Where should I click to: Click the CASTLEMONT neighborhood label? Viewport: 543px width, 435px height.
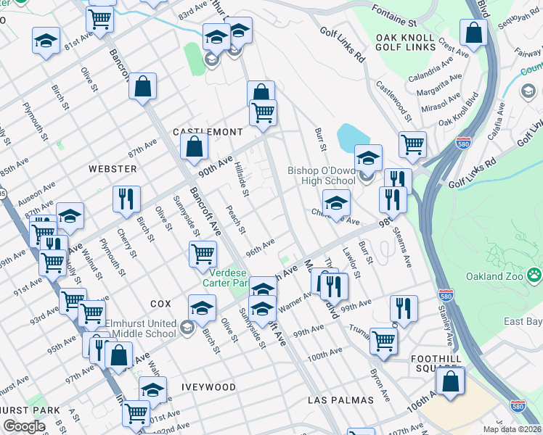[207, 132]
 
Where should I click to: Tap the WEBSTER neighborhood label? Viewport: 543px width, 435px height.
[113, 168]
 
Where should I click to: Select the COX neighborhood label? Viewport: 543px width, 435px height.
[160, 302]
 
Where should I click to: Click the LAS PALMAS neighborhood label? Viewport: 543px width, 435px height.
[340, 399]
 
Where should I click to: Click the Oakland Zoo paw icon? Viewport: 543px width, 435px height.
[534, 274]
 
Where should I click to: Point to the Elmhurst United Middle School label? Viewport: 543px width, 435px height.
[142, 328]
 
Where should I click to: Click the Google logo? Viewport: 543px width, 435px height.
[24, 426]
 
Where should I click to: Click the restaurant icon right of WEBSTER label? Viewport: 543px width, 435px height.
[126, 199]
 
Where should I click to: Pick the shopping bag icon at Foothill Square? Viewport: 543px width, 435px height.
[450, 381]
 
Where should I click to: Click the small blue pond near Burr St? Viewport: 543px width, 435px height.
[353, 136]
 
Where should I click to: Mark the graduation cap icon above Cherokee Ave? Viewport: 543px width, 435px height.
[336, 203]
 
